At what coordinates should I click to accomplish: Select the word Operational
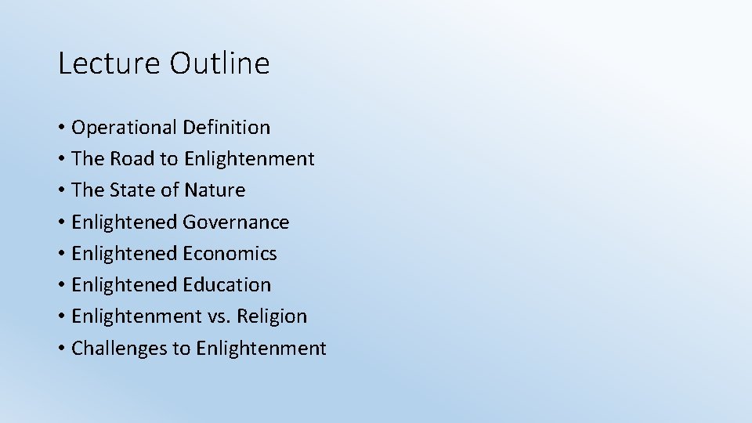click(x=124, y=128)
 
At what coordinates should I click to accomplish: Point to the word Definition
click(x=226, y=128)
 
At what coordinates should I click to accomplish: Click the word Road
click(x=132, y=159)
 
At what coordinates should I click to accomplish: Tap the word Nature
click(x=215, y=190)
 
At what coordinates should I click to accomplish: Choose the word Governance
click(x=236, y=222)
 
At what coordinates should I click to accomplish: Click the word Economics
click(x=230, y=254)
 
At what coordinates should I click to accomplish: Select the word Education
click(x=227, y=285)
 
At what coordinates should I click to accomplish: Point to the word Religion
click(x=273, y=316)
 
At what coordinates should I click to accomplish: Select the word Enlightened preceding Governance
click(x=125, y=222)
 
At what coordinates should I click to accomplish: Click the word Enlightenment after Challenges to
click(x=261, y=349)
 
